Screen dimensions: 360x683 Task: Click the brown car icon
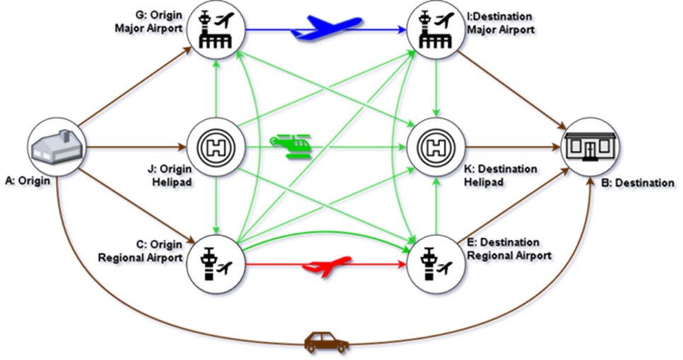coord(326,342)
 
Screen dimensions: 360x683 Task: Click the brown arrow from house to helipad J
coord(134,148)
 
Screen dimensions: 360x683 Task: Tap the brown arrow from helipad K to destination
coord(510,148)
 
